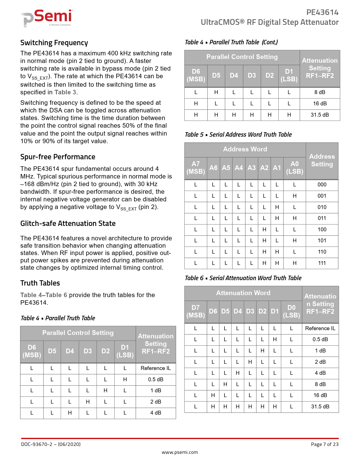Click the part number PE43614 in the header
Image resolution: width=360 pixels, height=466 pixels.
[322, 12]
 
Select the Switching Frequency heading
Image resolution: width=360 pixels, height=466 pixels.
[54, 43]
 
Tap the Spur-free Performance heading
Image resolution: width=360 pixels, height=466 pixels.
[58, 157]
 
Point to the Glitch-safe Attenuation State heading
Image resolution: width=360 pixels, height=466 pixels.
[68, 224]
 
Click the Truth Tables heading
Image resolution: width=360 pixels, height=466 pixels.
[40, 283]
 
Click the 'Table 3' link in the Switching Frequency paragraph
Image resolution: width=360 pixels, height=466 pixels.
[65, 92]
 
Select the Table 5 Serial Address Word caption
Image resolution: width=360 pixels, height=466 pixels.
[238, 135]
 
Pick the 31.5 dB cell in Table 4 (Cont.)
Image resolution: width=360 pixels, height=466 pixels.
[320, 115]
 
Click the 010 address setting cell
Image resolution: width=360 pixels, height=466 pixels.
[322, 207]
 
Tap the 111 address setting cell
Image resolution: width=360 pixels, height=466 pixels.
[322, 263]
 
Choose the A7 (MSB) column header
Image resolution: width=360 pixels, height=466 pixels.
[196, 168]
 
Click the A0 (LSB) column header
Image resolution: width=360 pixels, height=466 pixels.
[294, 168]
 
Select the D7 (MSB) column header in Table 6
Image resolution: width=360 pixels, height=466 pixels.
[196, 311]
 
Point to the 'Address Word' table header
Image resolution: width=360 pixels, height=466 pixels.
[245, 149]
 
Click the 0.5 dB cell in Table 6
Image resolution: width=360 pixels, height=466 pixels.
[320, 339]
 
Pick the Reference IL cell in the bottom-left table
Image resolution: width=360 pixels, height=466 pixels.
[156, 368]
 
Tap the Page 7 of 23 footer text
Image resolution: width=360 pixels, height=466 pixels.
[324, 444]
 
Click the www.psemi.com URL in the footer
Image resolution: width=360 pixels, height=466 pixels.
[180, 452]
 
